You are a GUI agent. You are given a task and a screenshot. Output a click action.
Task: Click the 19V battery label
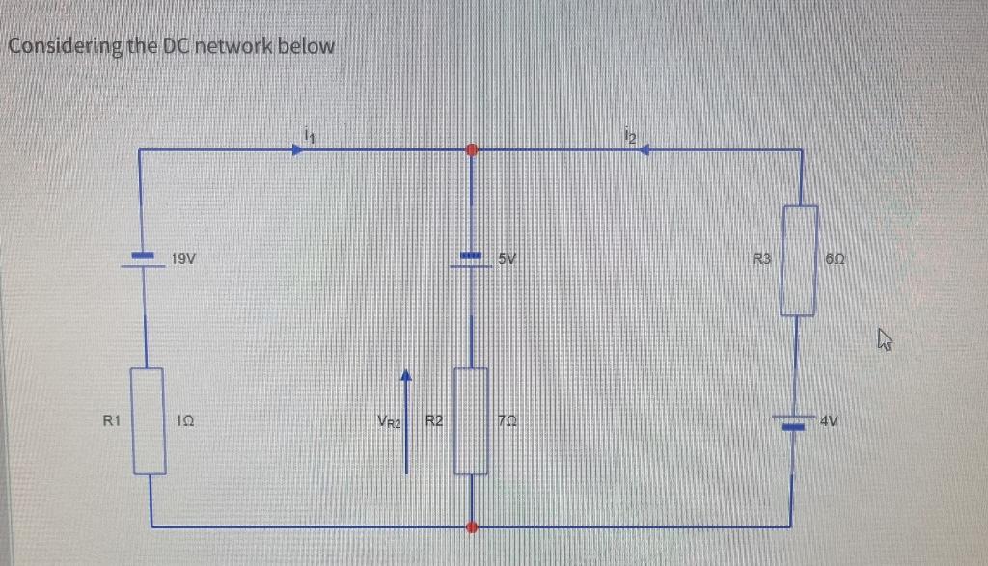pos(183,257)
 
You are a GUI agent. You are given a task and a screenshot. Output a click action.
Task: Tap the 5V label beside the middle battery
pos(509,258)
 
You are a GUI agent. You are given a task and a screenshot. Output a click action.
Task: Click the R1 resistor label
pos(112,420)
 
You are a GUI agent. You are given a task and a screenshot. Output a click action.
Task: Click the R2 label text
pos(434,420)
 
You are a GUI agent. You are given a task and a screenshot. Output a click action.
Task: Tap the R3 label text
pos(762,258)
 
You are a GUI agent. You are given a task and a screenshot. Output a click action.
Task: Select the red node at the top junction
pos(472,150)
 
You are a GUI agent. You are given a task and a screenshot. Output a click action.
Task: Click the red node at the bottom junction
pos(472,527)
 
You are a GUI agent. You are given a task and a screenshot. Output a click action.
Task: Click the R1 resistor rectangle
pos(150,421)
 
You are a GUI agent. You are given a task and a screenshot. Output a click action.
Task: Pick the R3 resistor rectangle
pos(799,259)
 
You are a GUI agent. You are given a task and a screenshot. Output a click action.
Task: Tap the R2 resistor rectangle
pos(472,421)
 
